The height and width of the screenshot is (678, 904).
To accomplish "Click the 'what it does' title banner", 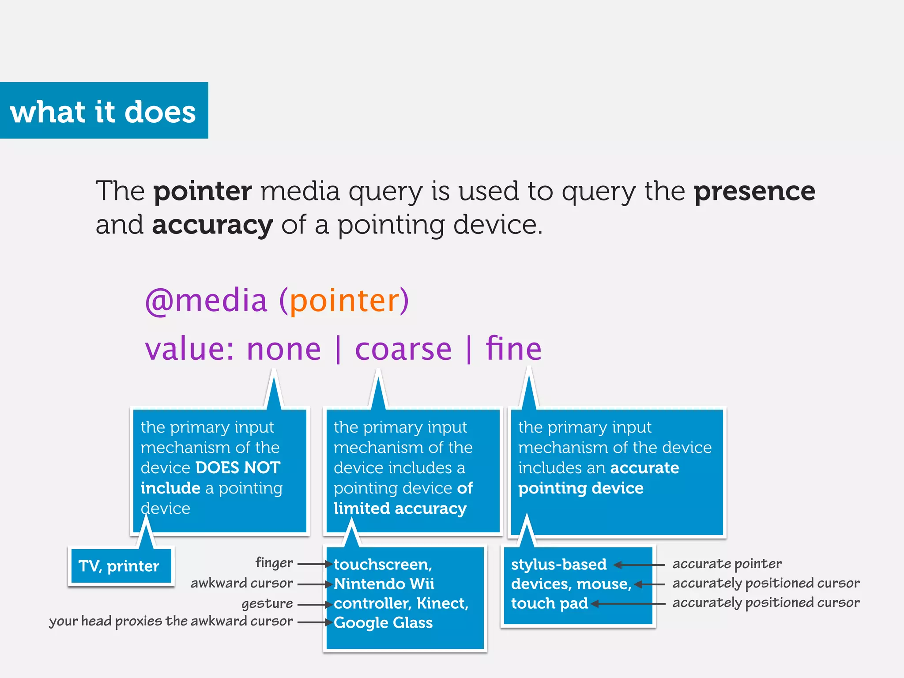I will [x=103, y=111].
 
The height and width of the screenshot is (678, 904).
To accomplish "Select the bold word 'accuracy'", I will [x=212, y=225].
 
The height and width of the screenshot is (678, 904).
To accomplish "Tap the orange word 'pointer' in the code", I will [x=345, y=301].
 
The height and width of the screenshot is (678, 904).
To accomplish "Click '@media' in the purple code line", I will [x=206, y=301].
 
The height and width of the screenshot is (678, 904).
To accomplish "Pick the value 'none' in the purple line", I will [x=284, y=349].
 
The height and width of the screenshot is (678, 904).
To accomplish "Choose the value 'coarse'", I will [x=403, y=349].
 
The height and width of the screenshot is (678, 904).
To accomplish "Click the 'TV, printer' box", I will [x=119, y=566].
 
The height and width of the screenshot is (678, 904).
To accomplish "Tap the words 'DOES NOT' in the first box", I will [x=238, y=467].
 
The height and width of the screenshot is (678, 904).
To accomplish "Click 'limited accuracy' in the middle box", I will [x=400, y=508].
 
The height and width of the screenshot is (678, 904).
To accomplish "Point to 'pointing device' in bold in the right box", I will [x=580, y=488].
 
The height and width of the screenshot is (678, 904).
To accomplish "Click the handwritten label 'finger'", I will [x=274, y=563].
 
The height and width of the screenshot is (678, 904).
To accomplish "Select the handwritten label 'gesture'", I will [x=267, y=603].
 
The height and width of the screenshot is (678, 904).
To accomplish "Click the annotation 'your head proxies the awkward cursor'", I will [x=171, y=621].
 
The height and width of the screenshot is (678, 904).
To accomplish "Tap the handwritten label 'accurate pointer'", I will [x=727, y=564].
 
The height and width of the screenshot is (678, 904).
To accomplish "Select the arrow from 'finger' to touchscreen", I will [x=315, y=564].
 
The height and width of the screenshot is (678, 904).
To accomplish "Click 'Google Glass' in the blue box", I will [x=383, y=622].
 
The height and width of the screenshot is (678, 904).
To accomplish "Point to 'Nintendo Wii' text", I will [x=384, y=584].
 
